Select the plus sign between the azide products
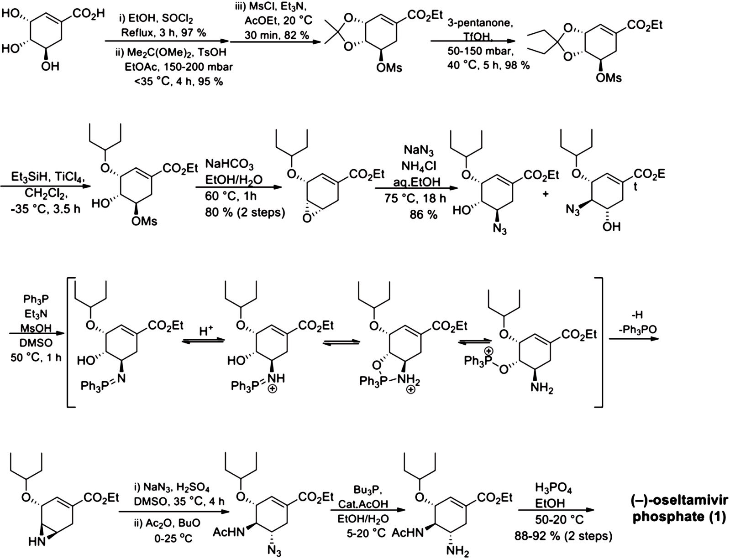coord(545,194)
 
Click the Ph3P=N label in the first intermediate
coord(102,387)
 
